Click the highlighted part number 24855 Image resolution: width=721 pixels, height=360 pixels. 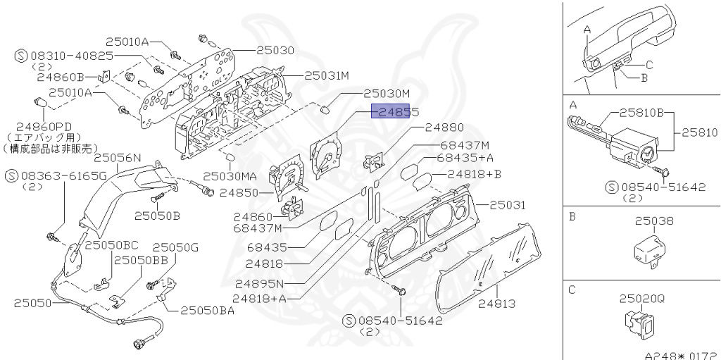(x=396, y=113)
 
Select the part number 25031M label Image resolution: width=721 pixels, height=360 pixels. (x=327, y=75)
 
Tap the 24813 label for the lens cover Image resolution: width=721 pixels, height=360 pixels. (x=497, y=304)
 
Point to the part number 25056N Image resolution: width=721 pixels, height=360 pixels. (x=118, y=159)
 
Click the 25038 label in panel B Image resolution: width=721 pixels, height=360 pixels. (x=654, y=221)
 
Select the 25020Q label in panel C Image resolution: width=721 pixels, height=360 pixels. (x=641, y=299)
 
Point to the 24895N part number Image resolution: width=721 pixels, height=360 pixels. (x=259, y=284)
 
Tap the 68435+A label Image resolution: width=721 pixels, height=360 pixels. (x=465, y=158)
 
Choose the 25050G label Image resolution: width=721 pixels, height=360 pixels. (x=176, y=247)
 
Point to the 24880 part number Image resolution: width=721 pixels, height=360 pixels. (x=444, y=128)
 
